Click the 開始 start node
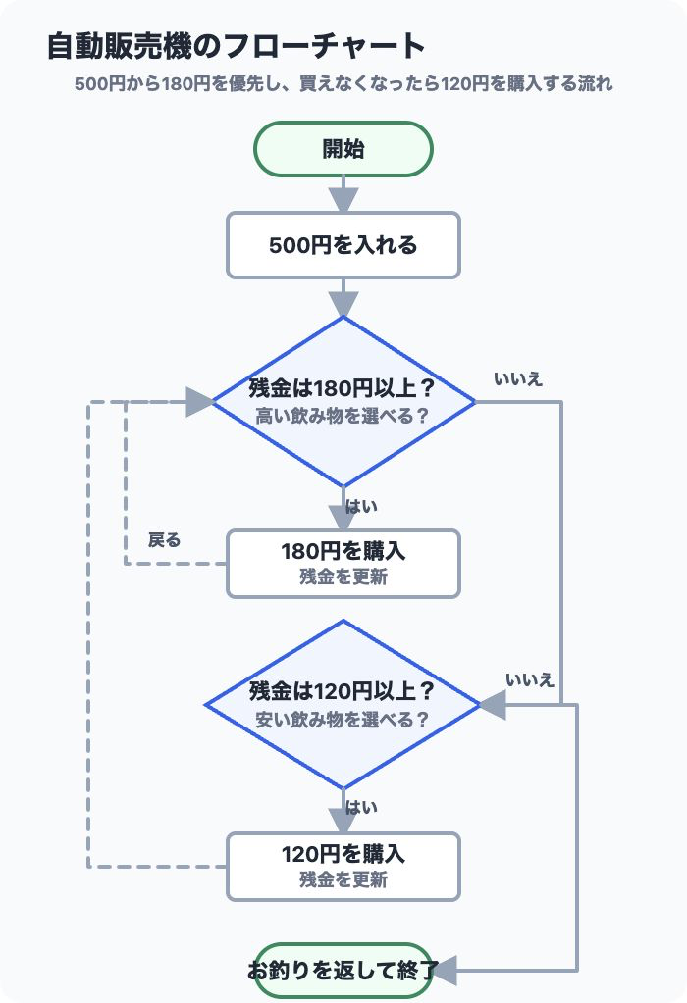[x=343, y=149]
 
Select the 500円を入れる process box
[x=343, y=245]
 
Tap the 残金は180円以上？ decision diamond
[x=343, y=402]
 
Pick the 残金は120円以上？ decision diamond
[x=343, y=704]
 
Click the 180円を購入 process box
[x=343, y=564]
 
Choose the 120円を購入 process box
[x=343, y=867]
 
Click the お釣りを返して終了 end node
[x=343, y=971]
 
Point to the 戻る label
[x=165, y=540]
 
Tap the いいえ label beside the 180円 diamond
[x=518, y=379]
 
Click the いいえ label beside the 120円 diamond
[x=530, y=680]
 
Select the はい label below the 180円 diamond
[x=361, y=507]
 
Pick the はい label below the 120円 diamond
[x=361, y=807]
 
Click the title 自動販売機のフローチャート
[x=237, y=47]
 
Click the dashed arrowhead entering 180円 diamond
[x=199, y=402]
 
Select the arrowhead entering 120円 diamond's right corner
[x=493, y=704]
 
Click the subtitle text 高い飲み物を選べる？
[x=343, y=417]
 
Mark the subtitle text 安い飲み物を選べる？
[x=343, y=720]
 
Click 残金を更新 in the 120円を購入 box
[x=343, y=880]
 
